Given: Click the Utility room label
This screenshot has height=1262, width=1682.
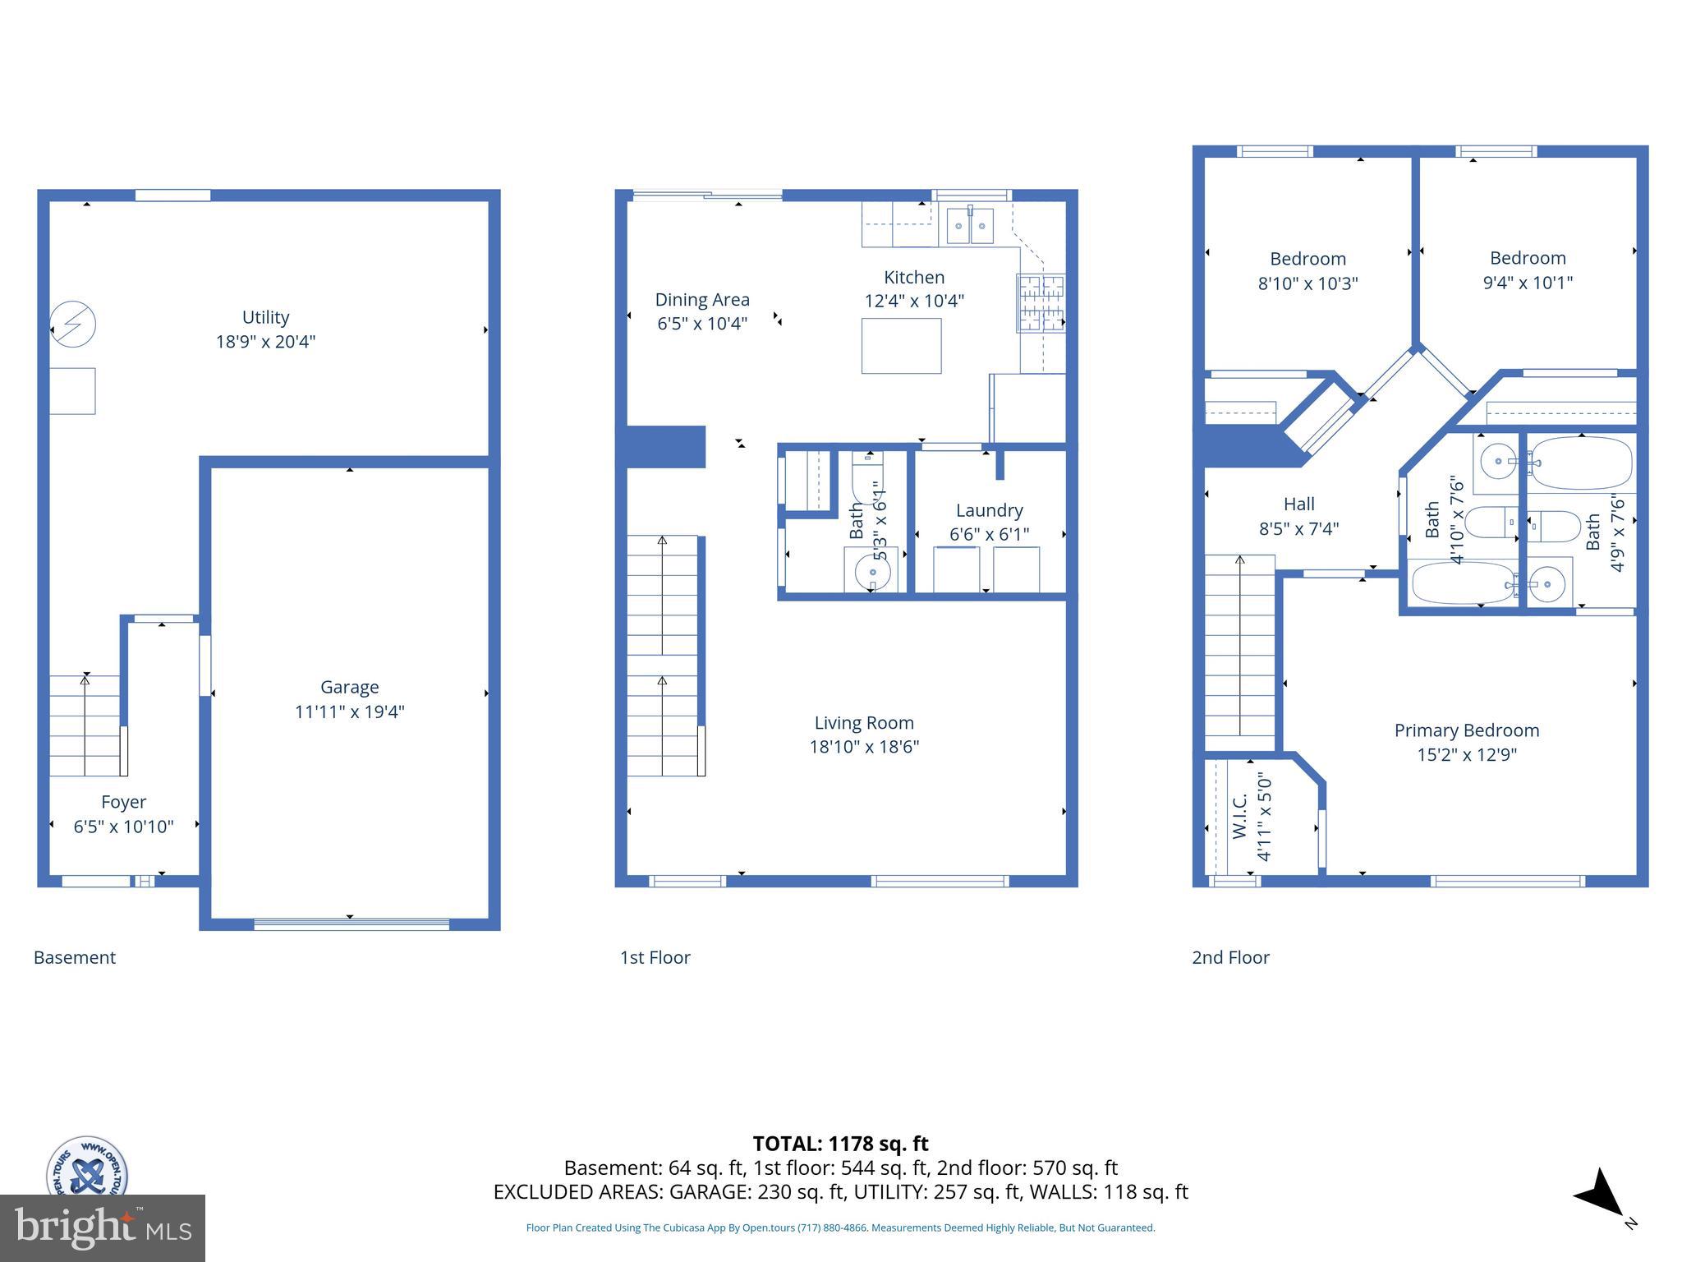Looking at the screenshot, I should [265, 317].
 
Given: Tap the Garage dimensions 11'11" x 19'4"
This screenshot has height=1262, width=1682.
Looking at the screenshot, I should [350, 712].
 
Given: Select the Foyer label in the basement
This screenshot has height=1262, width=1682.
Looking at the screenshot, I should [123, 802].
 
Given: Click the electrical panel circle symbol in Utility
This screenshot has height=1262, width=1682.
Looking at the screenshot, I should [73, 324].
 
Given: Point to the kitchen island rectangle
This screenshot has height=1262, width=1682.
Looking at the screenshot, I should [901, 346].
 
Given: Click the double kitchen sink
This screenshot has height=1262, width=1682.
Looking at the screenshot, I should [970, 226].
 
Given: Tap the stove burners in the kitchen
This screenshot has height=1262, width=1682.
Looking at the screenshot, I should [1041, 303].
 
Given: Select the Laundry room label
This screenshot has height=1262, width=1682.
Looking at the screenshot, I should [989, 510].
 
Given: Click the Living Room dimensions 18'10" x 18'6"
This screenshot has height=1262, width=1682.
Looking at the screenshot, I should [863, 747].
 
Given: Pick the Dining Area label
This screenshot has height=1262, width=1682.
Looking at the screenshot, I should [702, 300].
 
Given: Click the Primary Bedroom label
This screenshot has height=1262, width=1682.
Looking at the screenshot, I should [1466, 730].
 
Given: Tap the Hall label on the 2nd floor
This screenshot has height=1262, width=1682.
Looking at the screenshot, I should [1298, 504].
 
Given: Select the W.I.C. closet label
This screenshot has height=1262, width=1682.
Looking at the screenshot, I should [1239, 817].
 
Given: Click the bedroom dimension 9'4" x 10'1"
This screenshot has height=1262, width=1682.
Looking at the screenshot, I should [1528, 283].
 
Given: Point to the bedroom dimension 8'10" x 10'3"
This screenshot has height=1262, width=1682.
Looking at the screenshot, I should [1307, 283].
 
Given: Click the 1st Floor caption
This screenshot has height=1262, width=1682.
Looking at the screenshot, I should [655, 957].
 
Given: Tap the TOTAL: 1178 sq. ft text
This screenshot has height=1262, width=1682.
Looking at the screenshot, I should [840, 1144].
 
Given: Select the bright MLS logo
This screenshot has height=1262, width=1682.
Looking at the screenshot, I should [103, 1227].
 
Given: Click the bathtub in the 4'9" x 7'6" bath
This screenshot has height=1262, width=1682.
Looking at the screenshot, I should [1581, 463].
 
